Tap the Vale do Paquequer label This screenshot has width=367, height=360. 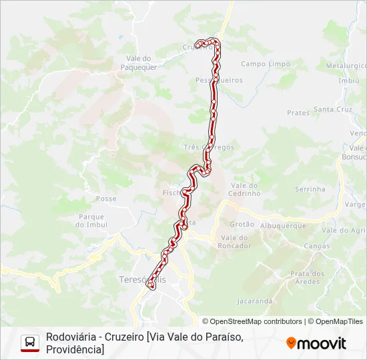pyautogui.click(x=141, y=63)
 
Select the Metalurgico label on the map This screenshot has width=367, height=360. pyautogui.click(x=346, y=65)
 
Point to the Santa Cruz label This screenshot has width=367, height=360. pyautogui.click(x=333, y=109)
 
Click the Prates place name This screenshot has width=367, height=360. pyautogui.click(x=298, y=113)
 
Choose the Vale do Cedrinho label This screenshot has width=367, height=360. pyautogui.click(x=245, y=189)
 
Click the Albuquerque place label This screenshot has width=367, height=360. pyautogui.click(x=283, y=226)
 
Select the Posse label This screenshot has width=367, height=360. pyautogui.click(x=106, y=199)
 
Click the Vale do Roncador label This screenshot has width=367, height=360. pyautogui.click(x=234, y=241)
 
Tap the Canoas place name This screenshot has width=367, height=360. pyautogui.click(x=316, y=246)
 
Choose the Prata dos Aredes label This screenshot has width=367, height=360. pyautogui.click(x=308, y=277)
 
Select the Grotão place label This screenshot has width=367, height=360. pyautogui.click(x=242, y=225)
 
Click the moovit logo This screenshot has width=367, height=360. pyautogui.click(x=316, y=343)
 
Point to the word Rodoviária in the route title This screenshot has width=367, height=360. pyautogui.click(x=69, y=337)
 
